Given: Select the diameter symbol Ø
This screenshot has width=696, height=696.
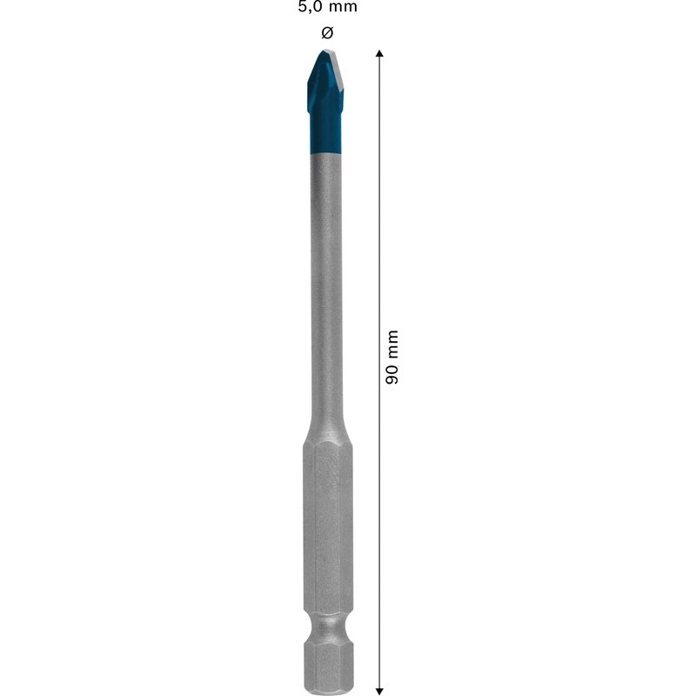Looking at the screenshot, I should pos(327,33).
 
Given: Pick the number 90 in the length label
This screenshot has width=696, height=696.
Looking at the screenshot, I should pos(392,373).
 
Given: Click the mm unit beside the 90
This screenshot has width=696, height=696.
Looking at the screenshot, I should pos(392,345).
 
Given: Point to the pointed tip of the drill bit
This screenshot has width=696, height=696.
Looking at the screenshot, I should pos(325,52).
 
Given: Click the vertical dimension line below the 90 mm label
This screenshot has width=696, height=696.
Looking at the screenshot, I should pos(380,522).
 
